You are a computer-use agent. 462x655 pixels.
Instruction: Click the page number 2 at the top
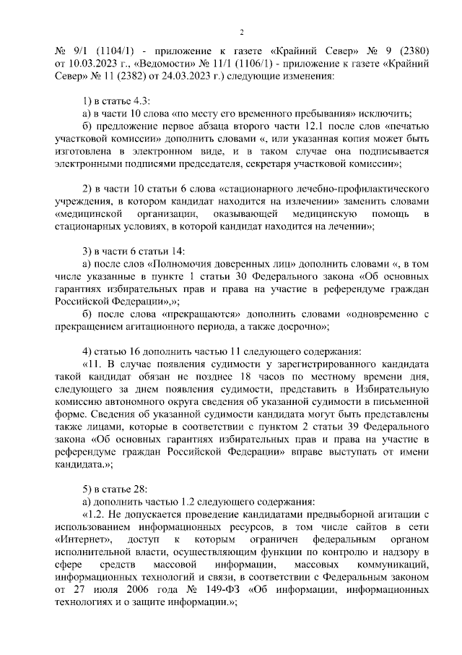[242, 32]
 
